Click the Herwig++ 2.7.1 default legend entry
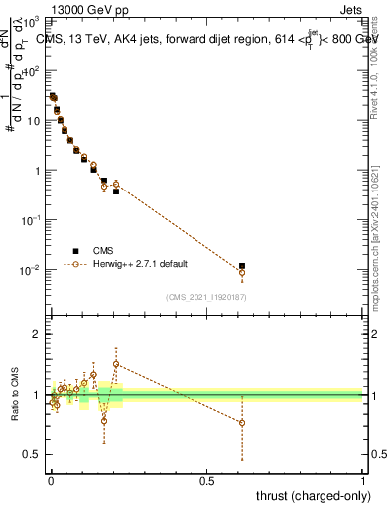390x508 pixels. pos(140,264)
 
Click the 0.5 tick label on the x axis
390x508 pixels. pos(206,481)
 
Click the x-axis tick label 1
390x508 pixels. pos(363,481)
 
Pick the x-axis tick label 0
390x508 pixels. pos(51,481)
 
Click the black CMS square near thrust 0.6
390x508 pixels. pos(242,266)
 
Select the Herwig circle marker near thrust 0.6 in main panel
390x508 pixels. pos(242,272)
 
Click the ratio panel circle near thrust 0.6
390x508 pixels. pos(242,423)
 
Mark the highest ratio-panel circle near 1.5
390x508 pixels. pos(116,364)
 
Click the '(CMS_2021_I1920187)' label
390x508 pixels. pos(205,297)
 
